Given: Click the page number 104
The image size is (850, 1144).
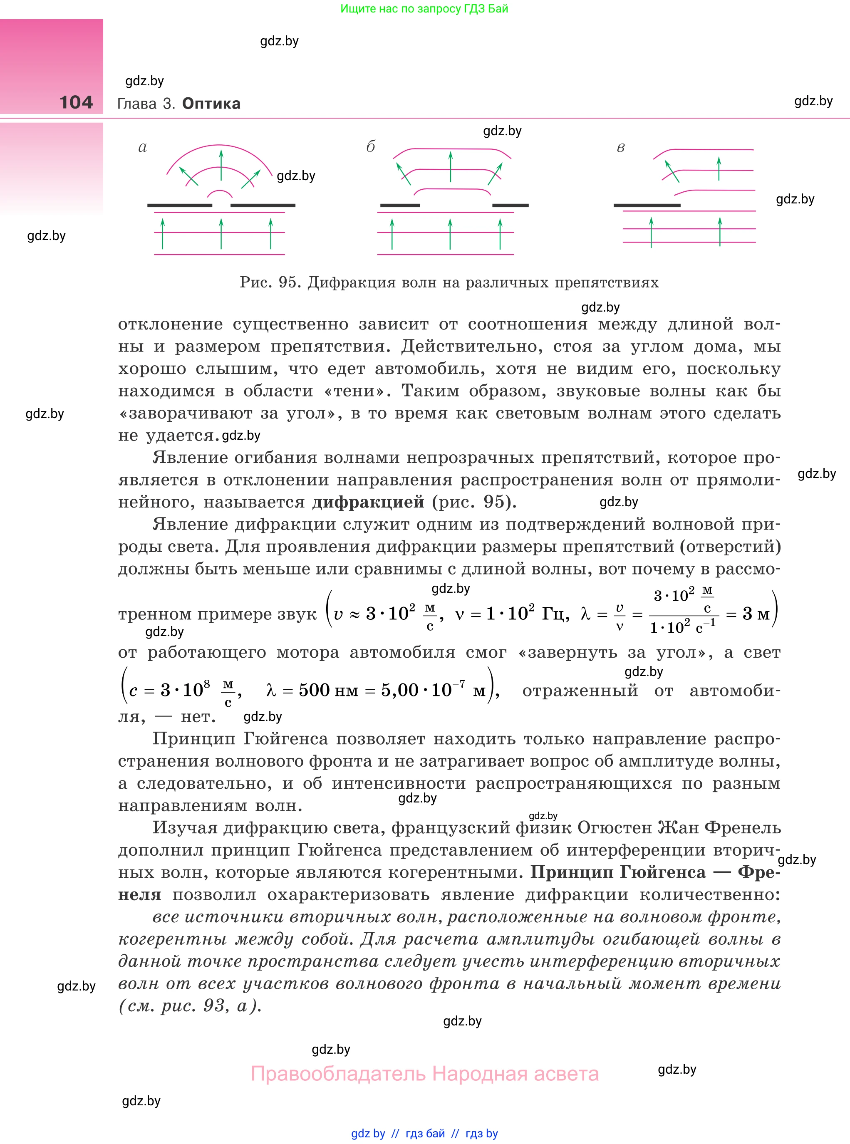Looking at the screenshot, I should pos(76,102).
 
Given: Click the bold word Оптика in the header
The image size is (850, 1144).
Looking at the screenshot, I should pos(211,104).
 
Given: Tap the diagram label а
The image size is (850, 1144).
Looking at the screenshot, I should pos(143,148).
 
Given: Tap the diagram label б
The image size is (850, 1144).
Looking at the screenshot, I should pos(370,147).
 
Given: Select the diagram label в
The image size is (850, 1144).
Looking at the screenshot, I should pos(620,148).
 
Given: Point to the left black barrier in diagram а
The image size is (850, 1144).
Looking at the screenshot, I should pos(180,205).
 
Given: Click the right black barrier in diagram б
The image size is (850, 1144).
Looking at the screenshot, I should pos(510,205).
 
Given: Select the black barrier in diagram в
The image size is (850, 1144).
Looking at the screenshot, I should pos(647,205).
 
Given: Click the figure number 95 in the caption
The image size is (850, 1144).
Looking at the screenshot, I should pos(287,282).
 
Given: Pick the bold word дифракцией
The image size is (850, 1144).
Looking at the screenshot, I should pos(368,502).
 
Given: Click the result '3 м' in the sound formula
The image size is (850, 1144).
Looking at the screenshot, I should pos(756,614).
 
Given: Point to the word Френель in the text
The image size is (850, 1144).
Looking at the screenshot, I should pos(743,828).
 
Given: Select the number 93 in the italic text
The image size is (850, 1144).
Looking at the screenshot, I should pos(215,1005).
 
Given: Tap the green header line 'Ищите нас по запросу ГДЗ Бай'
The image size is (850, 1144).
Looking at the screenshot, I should pos(424,9).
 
